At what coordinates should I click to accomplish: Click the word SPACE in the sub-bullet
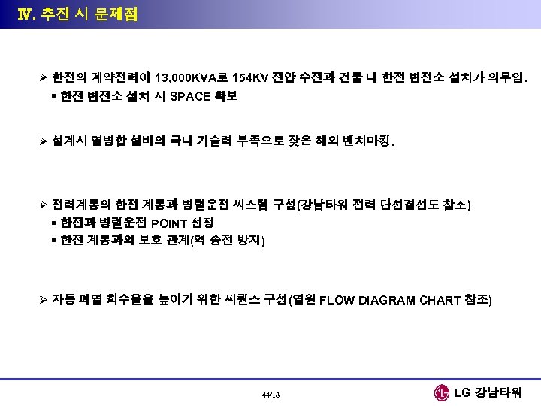click(192, 95)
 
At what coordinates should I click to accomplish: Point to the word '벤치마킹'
click(367, 141)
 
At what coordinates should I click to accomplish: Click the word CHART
click(440, 301)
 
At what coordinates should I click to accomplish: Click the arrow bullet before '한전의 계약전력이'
click(44, 77)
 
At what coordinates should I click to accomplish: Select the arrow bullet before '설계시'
click(44, 141)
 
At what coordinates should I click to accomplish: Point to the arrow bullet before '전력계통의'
click(44, 205)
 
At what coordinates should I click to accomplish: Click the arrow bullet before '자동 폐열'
click(44, 300)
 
